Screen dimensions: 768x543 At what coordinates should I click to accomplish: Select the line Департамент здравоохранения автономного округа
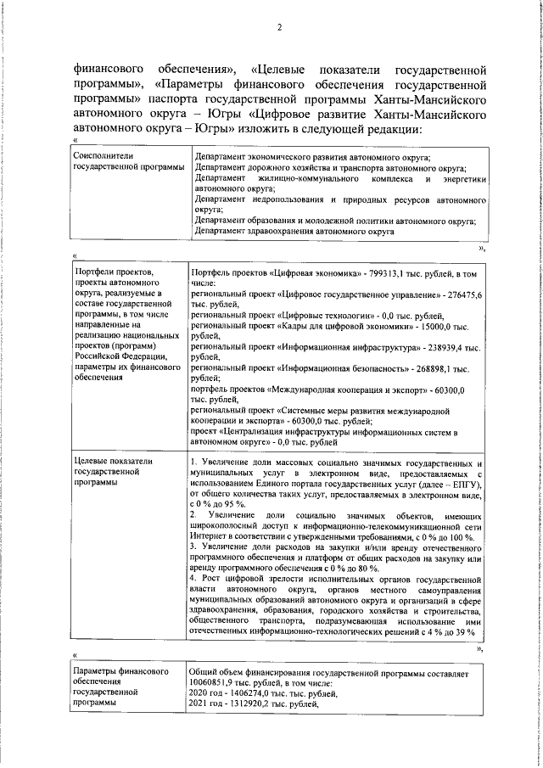pos(294,231)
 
